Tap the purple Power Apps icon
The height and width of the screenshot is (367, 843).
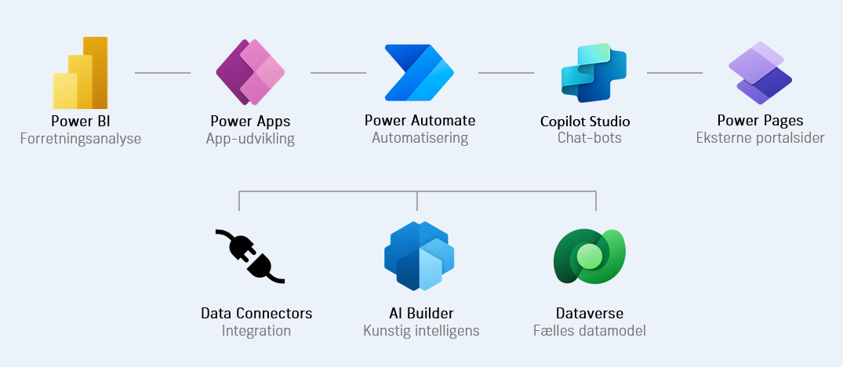pyautogui.click(x=250, y=73)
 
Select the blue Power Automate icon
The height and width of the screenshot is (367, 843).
pyautogui.click(x=420, y=73)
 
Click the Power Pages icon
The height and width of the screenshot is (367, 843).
pyautogui.click(x=760, y=73)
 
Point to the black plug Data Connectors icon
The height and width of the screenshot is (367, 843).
pyautogui.click(x=249, y=256)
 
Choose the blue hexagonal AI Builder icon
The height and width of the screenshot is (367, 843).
pyautogui.click(x=420, y=256)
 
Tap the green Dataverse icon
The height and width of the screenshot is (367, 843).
pyautogui.click(x=588, y=256)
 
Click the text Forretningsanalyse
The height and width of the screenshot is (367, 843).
pyautogui.click(x=80, y=139)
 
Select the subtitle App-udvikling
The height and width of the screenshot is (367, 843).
pyautogui.click(x=250, y=139)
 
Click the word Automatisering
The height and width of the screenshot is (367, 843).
pyautogui.click(x=420, y=138)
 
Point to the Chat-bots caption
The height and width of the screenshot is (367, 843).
pyautogui.click(x=589, y=139)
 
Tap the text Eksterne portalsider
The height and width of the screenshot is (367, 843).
pyautogui.click(x=760, y=139)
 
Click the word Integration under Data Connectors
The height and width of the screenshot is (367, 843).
pyautogui.click(x=256, y=331)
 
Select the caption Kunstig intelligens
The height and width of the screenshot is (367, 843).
pyautogui.click(x=421, y=331)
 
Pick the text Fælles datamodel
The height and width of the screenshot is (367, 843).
pyautogui.click(x=589, y=331)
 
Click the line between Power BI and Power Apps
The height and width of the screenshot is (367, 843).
pyautogui.click(x=163, y=73)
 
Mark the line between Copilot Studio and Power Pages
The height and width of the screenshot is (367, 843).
pyautogui.click(x=674, y=73)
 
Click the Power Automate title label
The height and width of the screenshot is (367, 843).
pyautogui.click(x=420, y=121)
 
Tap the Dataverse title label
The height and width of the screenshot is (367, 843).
pyautogui.click(x=589, y=314)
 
